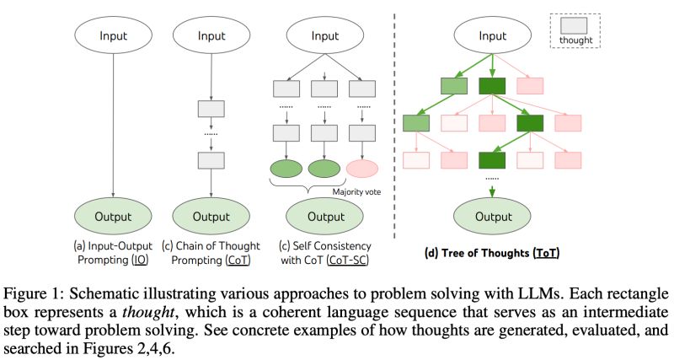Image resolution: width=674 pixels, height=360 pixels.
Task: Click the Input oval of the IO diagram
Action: (113, 37)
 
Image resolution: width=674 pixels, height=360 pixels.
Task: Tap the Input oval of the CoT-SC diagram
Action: (324, 37)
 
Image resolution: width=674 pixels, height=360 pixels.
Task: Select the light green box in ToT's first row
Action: (452, 85)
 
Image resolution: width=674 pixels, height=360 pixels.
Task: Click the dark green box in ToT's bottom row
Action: (493, 159)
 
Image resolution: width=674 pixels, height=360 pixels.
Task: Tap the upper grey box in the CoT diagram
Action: (210, 110)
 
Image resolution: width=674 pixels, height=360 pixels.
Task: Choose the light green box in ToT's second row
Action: (416, 123)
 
